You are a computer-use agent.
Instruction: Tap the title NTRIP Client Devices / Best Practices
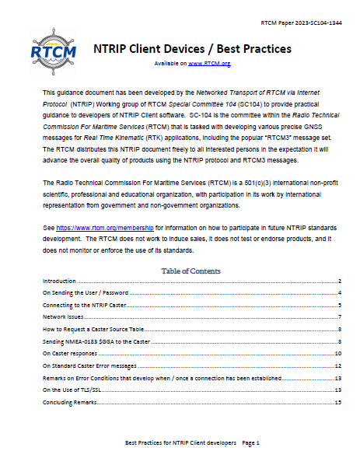point(192,49)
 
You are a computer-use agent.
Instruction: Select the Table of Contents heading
point(190,271)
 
